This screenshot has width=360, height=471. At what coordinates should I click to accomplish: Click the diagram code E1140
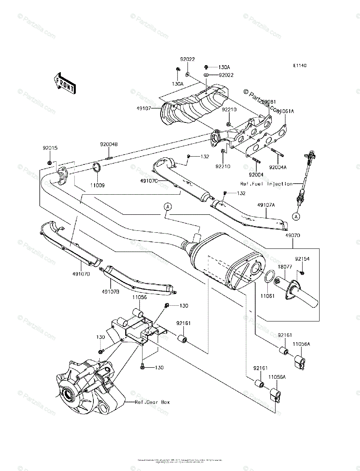(299, 66)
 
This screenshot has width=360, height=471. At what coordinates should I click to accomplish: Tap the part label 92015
(50, 148)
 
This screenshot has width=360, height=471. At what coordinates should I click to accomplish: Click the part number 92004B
(108, 144)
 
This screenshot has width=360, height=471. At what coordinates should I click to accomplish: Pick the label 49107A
(266, 205)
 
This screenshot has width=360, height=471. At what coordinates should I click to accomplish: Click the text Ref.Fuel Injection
(267, 184)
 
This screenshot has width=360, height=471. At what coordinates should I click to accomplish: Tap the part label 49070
(292, 237)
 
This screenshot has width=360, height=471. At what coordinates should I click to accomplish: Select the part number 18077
(285, 266)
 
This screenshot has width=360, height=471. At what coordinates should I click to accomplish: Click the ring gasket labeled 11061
(270, 276)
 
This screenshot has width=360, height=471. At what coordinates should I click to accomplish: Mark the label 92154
(303, 259)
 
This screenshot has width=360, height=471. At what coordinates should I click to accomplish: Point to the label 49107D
(82, 274)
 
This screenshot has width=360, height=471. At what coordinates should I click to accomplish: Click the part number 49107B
(110, 292)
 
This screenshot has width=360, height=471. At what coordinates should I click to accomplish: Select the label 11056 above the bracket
(139, 298)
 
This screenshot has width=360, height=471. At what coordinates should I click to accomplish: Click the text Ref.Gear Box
(152, 402)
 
